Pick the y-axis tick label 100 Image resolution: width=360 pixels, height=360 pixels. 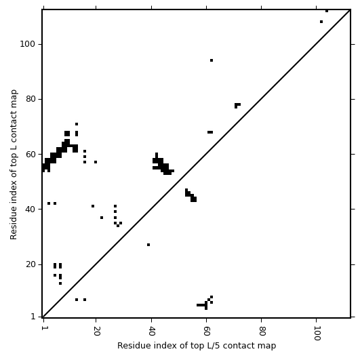click(x=27, y=44)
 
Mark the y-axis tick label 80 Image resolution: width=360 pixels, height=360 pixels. click(x=30, y=99)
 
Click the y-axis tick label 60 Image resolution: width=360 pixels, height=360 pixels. click(x=30, y=155)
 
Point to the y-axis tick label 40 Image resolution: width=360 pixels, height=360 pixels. click(x=30, y=209)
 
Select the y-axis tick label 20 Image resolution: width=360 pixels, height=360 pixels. click(x=30, y=264)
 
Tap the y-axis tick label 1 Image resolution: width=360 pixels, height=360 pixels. click(x=33, y=317)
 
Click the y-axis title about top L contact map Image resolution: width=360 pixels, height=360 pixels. click(x=14, y=165)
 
